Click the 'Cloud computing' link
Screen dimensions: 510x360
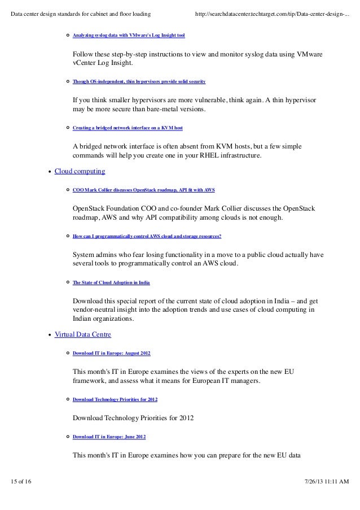click(80, 171)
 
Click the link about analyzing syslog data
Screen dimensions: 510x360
click(129, 35)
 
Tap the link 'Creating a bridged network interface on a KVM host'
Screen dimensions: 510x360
click(128, 128)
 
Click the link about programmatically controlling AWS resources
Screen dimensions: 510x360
click(147, 236)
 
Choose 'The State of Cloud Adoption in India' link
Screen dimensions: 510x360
click(111, 282)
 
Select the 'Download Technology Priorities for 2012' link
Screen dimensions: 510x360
click(115, 400)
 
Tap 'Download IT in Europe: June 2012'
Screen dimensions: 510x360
click(109, 437)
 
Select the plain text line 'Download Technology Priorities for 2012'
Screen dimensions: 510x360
click(133, 419)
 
